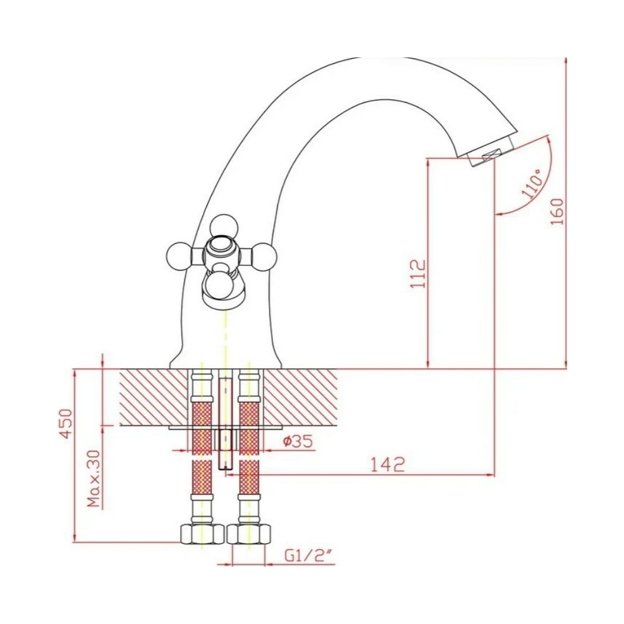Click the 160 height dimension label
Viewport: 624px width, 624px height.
coord(558,211)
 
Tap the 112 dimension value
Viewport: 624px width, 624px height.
coord(418,274)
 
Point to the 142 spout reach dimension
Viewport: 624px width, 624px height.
coord(388,464)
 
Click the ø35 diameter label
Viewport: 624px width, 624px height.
coord(298,441)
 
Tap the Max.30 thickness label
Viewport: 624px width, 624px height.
coord(94,479)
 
